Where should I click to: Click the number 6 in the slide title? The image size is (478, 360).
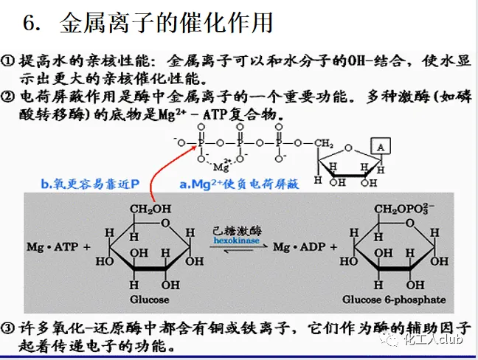31,24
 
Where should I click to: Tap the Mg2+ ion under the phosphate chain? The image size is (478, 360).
224,165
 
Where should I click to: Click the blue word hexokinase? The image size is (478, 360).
232,240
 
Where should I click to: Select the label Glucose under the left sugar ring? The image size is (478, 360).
149,300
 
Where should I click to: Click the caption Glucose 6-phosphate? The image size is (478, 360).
394,300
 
